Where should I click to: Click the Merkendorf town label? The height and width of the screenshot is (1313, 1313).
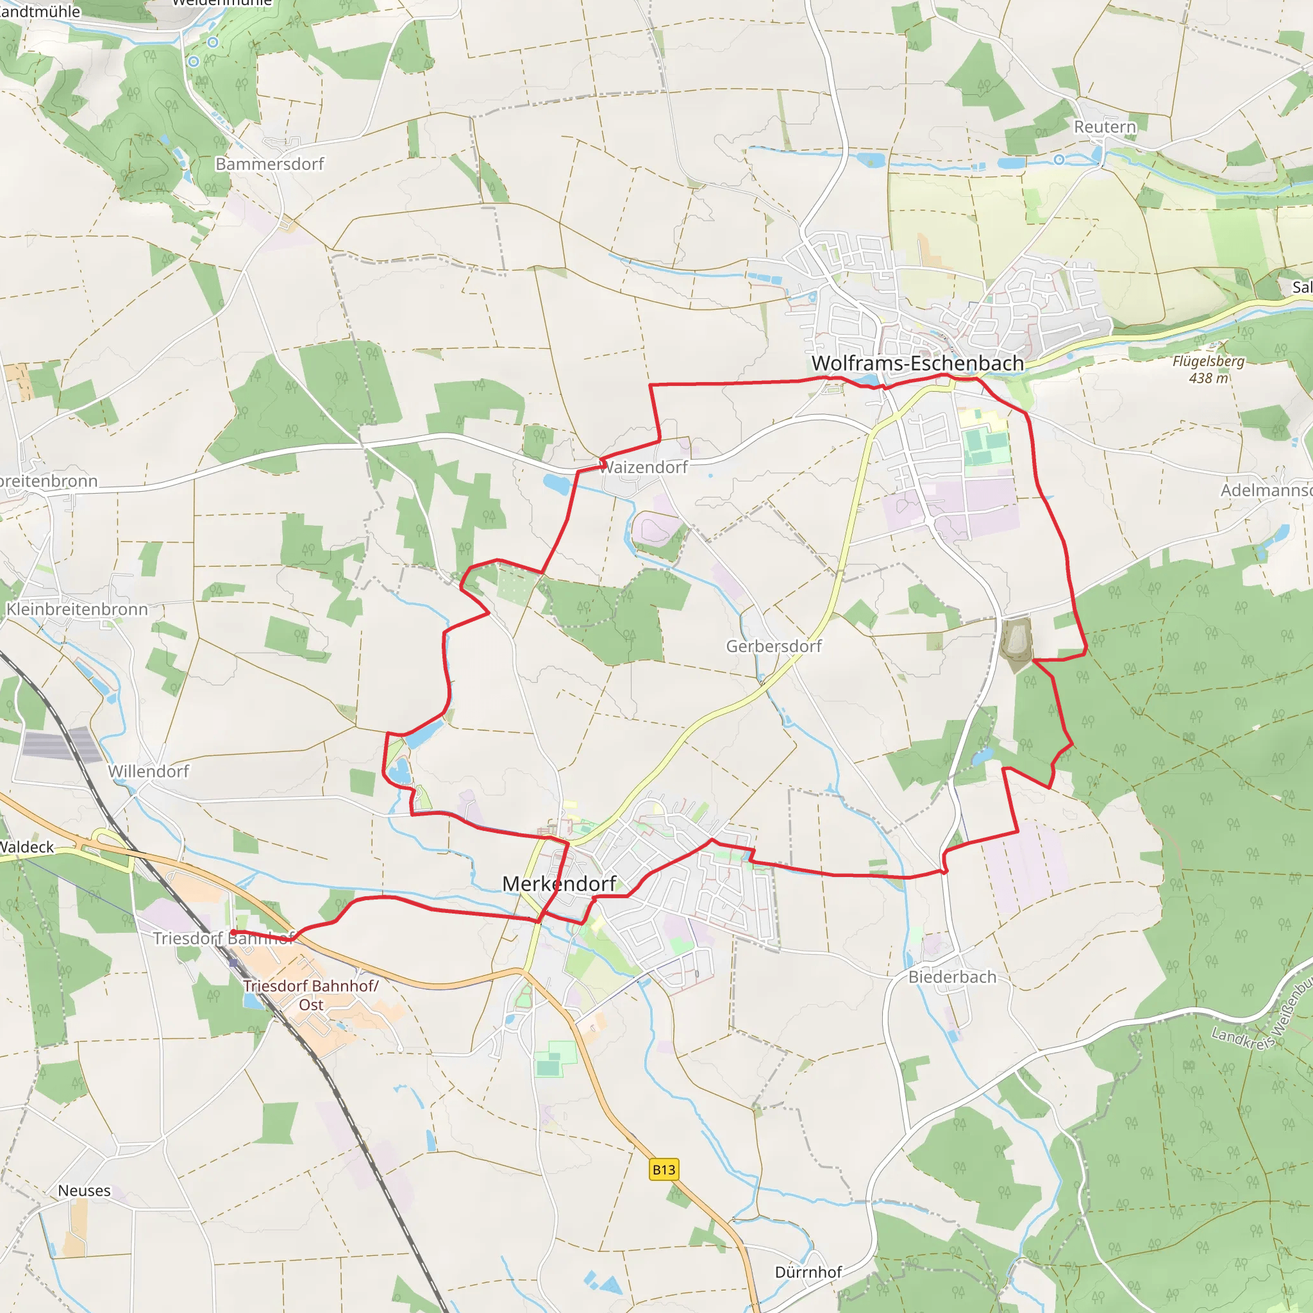pos(558,883)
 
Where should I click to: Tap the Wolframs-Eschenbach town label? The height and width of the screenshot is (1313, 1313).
pos(917,364)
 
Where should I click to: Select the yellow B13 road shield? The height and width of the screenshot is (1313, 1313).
pos(664,1169)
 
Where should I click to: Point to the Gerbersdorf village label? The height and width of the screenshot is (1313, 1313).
pos(773,646)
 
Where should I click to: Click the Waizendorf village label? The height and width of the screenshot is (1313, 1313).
pos(644,467)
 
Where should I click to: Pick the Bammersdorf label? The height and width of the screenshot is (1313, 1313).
pos(269,165)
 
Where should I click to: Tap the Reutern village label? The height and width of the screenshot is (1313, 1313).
pos(1105,127)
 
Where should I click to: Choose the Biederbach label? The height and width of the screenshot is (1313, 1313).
pos(952,977)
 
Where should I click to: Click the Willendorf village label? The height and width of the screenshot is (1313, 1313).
pos(148,771)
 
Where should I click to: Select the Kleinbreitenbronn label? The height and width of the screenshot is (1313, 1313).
pos(77,610)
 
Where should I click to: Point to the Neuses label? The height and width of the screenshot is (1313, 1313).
pos(84,1191)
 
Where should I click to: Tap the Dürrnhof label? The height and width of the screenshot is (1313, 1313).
pos(808,1272)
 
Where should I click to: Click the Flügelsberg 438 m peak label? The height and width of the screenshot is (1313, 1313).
pos(1208,370)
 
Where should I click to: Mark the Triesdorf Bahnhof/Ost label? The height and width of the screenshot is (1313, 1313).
pos(310,995)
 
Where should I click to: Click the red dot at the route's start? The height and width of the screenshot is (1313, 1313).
pos(233,933)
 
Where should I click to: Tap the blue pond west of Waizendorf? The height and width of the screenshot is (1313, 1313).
pos(556,485)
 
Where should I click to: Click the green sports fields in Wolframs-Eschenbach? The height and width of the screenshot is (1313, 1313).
pos(985,446)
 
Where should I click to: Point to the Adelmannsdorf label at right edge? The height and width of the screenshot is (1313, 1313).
pos(1266,490)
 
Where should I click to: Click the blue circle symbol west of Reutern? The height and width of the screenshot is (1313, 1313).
pos(1059,160)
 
